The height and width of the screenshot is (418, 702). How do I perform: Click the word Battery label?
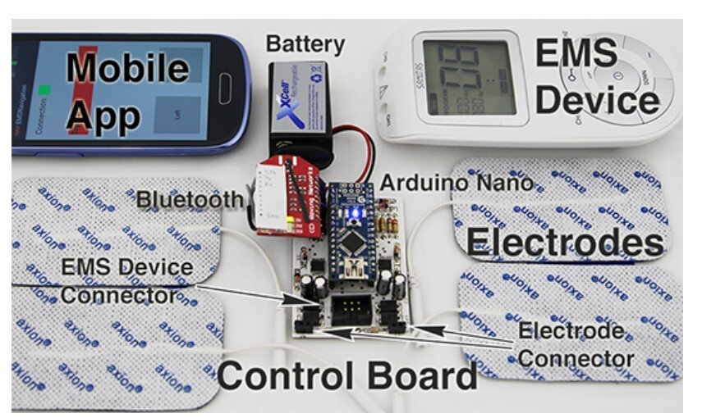(x=305, y=43)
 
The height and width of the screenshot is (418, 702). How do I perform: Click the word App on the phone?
(x=103, y=115)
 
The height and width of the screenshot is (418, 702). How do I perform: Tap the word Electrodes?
(x=565, y=243)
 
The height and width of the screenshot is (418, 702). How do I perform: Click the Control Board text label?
(x=346, y=376)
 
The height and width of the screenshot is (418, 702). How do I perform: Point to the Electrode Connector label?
(x=576, y=344)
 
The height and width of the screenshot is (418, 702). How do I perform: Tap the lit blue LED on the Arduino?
(x=354, y=214)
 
